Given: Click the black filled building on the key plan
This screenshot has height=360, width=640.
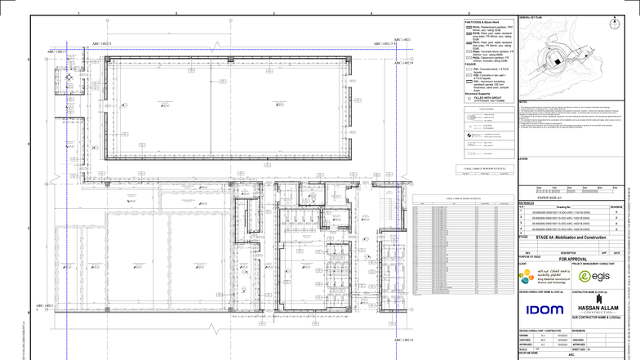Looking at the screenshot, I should tap(553, 60).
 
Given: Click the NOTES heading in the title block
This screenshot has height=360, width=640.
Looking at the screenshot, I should tap(523, 101).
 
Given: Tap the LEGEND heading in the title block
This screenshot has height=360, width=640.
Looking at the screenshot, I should tap(525, 158).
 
